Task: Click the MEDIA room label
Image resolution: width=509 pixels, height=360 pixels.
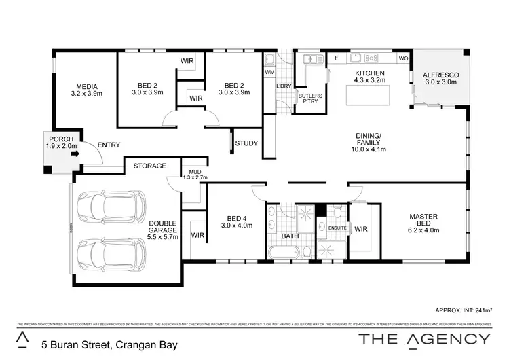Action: pyautogui.click(x=87, y=90)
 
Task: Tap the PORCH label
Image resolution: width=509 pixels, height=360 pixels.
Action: pyautogui.click(x=61, y=142)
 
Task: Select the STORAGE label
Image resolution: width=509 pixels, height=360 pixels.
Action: pyautogui.click(x=149, y=166)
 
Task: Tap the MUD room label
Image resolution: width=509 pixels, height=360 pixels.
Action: pyautogui.click(x=194, y=174)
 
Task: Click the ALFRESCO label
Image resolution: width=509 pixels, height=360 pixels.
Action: pyautogui.click(x=441, y=77)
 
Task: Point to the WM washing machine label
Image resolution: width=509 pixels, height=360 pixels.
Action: pyautogui.click(x=269, y=71)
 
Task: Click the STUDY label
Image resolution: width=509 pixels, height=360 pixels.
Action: pyautogui.click(x=246, y=143)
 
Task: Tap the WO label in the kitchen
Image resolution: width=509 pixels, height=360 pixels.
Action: pyautogui.click(x=402, y=59)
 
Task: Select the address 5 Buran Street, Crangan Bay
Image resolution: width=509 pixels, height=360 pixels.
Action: pyautogui.click(x=109, y=344)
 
